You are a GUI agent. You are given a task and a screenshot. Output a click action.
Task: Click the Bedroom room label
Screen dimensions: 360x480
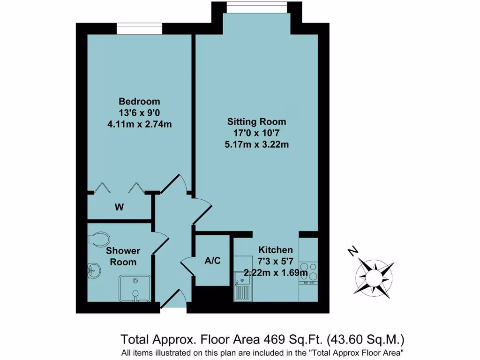139,102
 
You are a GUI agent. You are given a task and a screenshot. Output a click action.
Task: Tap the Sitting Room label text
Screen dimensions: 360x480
256,121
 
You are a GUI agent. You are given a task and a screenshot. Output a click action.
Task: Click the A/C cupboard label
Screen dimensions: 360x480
212,261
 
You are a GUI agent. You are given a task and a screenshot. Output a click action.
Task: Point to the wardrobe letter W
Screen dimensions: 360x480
119,207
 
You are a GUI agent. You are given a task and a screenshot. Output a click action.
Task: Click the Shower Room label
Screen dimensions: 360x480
123,256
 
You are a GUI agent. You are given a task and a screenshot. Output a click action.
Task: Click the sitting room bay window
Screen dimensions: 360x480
256,8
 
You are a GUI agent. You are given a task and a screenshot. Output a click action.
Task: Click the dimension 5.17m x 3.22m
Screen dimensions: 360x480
256,144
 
